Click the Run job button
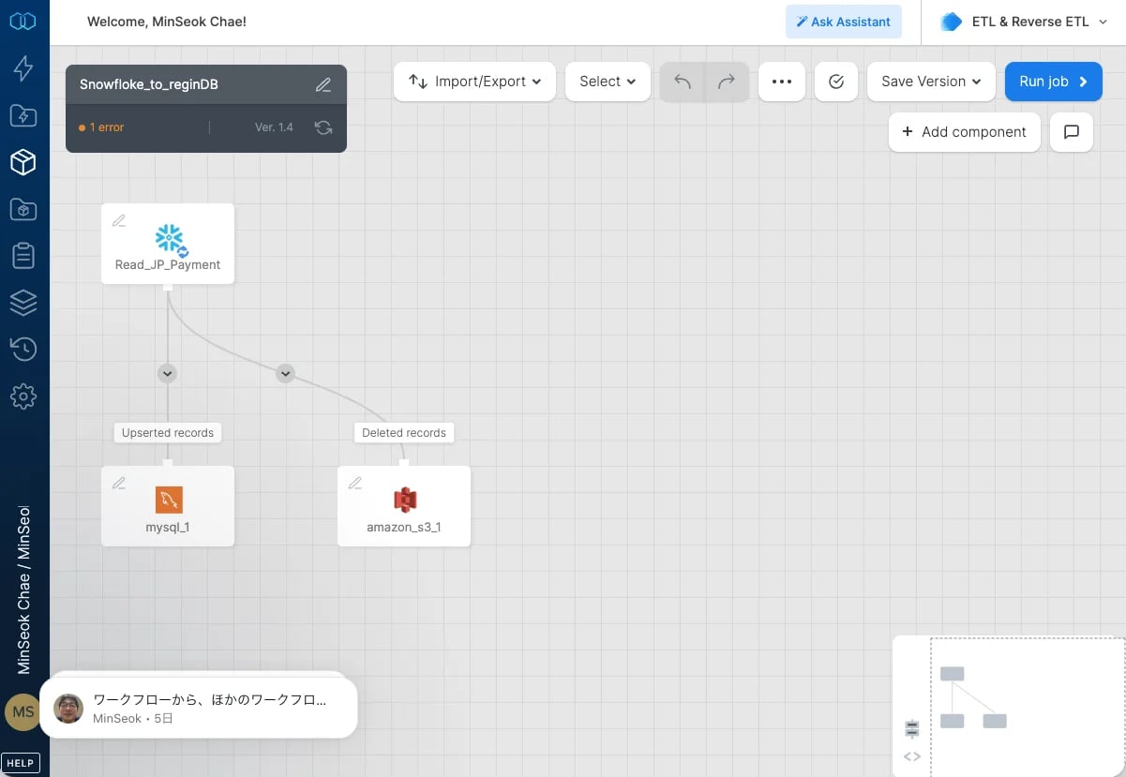click(1053, 82)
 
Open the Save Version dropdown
click(931, 82)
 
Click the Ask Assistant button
click(844, 22)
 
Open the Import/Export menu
click(474, 82)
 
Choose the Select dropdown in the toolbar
click(608, 82)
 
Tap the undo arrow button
click(683, 82)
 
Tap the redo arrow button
click(727, 82)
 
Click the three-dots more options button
click(782, 82)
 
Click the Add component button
click(964, 131)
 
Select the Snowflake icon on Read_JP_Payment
click(170, 239)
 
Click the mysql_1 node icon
click(169, 500)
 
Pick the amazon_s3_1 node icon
click(405, 500)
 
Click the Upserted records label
click(168, 433)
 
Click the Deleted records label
click(404, 433)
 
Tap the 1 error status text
click(107, 127)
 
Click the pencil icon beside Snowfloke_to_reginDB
click(323, 84)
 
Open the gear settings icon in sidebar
click(23, 397)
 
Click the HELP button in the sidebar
click(20, 763)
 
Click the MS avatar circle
click(23, 711)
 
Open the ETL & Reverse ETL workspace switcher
click(1024, 22)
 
